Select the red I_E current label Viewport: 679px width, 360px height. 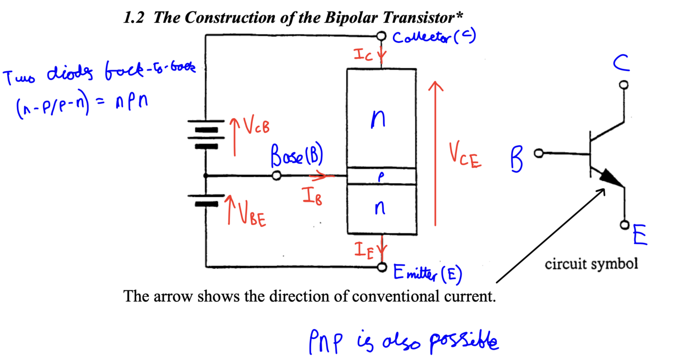tap(365, 250)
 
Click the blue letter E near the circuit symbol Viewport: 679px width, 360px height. tap(640, 236)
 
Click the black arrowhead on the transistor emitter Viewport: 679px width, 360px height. tap(612, 179)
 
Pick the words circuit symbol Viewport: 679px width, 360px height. tap(591, 264)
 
